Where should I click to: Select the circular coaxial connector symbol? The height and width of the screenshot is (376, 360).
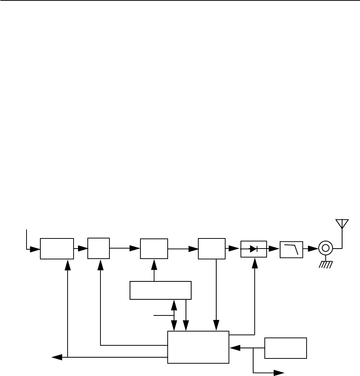tap(326, 248)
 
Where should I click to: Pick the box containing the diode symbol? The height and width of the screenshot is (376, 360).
tap(254, 249)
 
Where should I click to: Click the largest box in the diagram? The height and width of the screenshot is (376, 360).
tap(198, 347)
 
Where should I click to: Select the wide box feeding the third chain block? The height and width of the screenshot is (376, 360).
tap(160, 290)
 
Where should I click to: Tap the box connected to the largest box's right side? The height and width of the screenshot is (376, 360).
tap(285, 348)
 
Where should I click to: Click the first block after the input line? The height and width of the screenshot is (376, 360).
tap(57, 248)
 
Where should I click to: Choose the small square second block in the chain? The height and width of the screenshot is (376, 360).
tap(99, 248)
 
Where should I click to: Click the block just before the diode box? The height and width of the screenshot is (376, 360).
tap(212, 248)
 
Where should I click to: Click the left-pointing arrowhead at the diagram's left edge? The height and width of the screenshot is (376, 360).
tap(56, 357)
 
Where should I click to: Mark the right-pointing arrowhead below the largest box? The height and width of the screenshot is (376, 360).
tap(279, 373)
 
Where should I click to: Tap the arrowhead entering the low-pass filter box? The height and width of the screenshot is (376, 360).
tap(275, 248)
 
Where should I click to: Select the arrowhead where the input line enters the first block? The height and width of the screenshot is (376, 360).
tap(36, 248)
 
